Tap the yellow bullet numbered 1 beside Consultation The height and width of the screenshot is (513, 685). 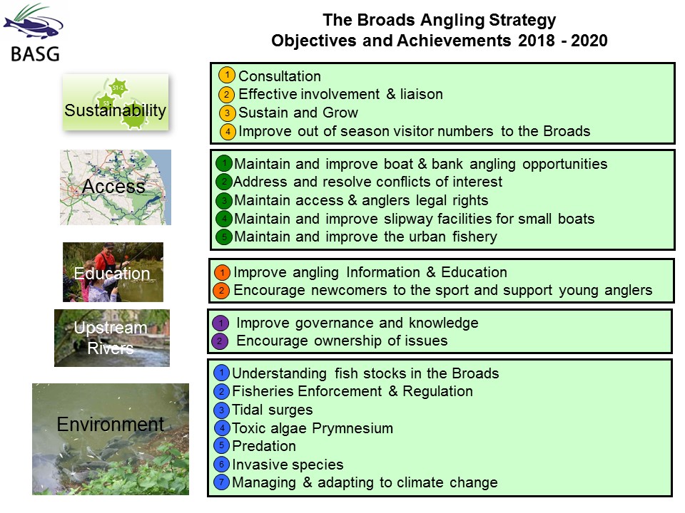tap(227, 75)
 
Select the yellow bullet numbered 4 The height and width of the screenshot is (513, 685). tap(228, 131)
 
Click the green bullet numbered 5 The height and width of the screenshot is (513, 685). tap(224, 237)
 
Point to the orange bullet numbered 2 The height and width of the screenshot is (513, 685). tap(221, 291)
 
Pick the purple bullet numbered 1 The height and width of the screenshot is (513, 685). tap(220, 323)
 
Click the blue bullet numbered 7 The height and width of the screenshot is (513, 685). tap(222, 482)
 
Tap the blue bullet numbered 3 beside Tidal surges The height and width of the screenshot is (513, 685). tap(222, 410)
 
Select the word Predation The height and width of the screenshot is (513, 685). tap(264, 446)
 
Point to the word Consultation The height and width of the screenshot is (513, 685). tap(280, 76)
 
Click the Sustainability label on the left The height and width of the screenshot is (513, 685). tap(116, 110)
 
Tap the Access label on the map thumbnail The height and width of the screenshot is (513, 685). tap(113, 186)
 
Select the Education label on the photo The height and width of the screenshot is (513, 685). tap(112, 274)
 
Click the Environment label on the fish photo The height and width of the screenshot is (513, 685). tap(111, 424)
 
